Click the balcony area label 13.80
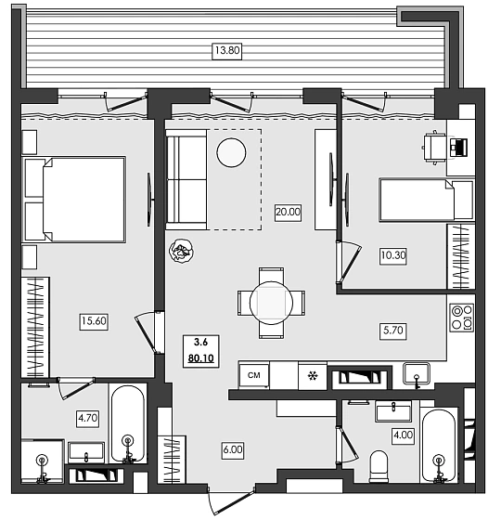[226, 52]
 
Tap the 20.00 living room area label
[288, 212]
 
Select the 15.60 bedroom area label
[94, 321]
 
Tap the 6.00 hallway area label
[234, 448]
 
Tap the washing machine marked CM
[253, 375]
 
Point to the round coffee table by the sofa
[231, 151]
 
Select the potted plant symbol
[181, 250]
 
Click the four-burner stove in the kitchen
[461, 317]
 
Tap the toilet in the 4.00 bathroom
[378, 463]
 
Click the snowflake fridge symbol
[313, 375]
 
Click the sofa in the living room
[186, 178]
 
